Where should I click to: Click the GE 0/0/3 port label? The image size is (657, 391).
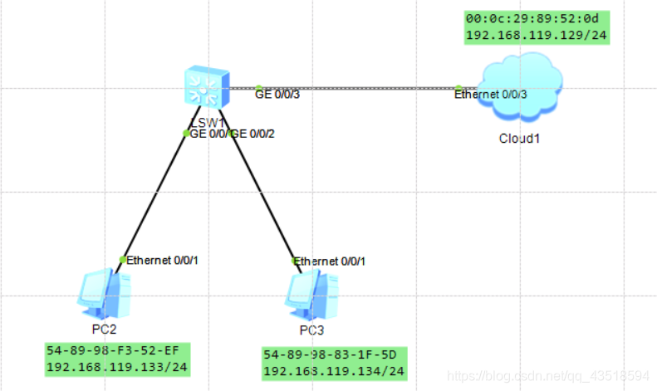click(x=277, y=95)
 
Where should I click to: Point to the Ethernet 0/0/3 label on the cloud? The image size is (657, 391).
click(x=490, y=95)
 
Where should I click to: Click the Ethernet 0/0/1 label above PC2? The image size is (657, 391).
click(x=163, y=261)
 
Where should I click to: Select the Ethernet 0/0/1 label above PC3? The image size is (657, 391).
click(x=330, y=261)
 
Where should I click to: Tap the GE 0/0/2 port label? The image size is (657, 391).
click(x=253, y=134)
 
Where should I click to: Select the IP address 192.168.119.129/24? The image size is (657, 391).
click(x=537, y=36)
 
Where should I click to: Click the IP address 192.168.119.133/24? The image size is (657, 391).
click(x=115, y=367)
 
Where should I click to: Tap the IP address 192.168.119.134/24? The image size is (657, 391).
click(x=334, y=370)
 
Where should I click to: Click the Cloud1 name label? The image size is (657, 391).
click(x=520, y=138)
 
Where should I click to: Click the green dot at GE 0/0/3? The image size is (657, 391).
click(x=259, y=87)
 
